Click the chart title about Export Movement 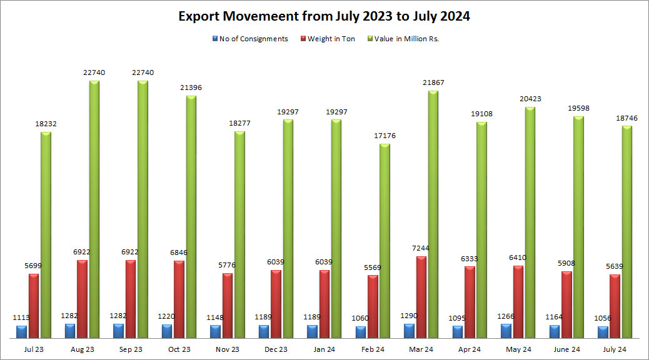tap(324, 17)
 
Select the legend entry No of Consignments tap(253, 39)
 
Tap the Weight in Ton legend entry tap(331, 39)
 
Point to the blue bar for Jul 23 tap(22, 332)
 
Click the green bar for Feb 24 tap(385, 241)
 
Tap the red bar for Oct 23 tap(179, 299)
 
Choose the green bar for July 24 tap(626, 232)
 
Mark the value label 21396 tap(191, 87)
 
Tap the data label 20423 tap(530, 99)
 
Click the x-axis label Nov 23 tap(227, 349)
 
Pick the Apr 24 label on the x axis tap(469, 349)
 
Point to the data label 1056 tap(602, 318)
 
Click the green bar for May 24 tap(530, 222)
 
